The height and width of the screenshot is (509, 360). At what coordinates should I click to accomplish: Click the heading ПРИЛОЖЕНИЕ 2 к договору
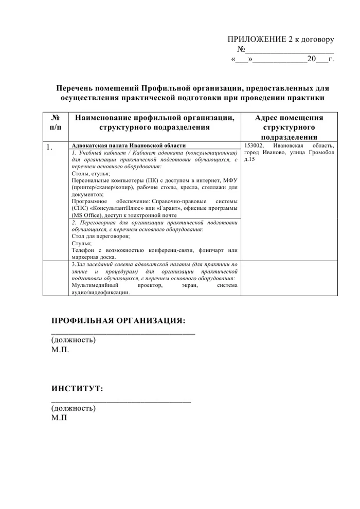(x=281, y=40)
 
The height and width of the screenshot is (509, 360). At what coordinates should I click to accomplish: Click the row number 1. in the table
(x=50, y=147)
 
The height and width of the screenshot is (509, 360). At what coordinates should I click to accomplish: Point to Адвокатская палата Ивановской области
(x=121, y=146)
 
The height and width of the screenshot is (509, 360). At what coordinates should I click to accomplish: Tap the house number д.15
(x=249, y=160)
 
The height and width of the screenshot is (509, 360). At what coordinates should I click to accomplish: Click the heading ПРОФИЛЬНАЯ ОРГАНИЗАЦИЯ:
(x=118, y=321)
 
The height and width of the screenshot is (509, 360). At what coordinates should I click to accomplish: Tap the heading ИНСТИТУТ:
(x=77, y=388)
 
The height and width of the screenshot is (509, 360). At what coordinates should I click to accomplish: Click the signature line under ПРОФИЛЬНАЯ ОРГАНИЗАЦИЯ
(x=123, y=333)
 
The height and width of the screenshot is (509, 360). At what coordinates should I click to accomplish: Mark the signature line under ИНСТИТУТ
(x=121, y=400)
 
